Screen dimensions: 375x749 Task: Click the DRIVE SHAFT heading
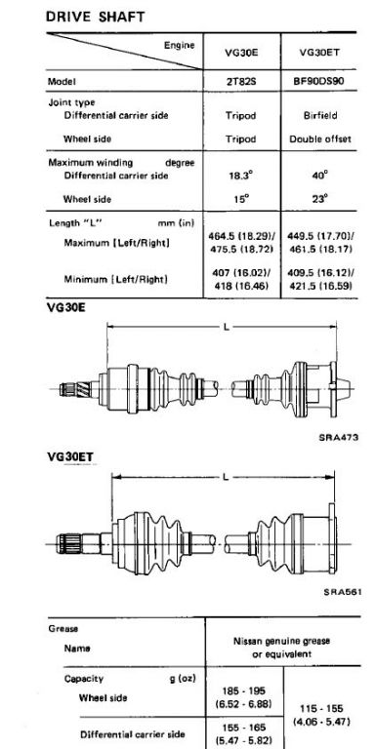[x=95, y=17]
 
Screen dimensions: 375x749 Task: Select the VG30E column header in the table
[x=241, y=53]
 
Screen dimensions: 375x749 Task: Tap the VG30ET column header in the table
[x=320, y=53]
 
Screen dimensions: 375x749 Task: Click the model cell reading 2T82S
[x=241, y=81]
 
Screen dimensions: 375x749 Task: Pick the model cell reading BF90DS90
[x=319, y=81]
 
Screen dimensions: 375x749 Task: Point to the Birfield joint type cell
[x=320, y=116]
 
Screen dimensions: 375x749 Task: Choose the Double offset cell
[x=320, y=139]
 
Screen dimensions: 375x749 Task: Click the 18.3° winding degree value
[x=240, y=175]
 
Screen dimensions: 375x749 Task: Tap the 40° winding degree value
[x=319, y=175]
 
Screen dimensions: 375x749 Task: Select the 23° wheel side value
[x=319, y=198]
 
